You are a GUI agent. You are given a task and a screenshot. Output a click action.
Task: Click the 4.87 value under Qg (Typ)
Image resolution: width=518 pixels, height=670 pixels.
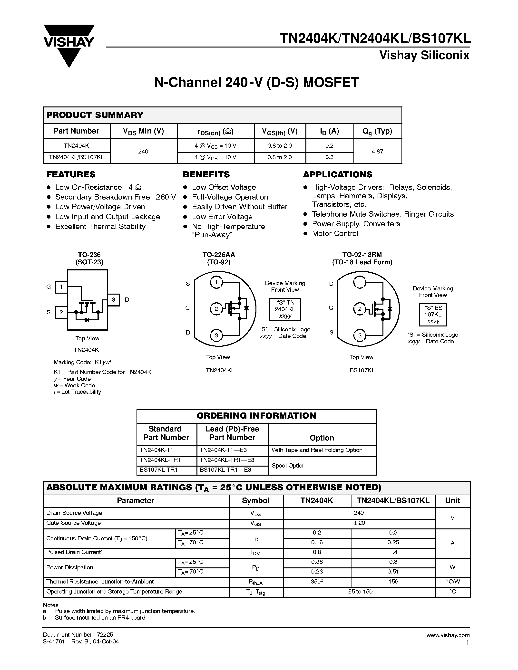click(x=377, y=151)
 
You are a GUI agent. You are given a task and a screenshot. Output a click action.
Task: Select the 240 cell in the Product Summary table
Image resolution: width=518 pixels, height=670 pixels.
click(x=143, y=151)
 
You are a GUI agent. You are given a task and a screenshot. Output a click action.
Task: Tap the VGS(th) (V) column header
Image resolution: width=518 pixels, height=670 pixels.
click(x=280, y=131)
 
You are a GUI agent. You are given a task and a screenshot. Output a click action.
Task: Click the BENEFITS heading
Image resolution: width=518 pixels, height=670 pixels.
click(x=206, y=174)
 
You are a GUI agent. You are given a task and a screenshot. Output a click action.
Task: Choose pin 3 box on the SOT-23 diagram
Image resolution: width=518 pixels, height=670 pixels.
click(x=114, y=299)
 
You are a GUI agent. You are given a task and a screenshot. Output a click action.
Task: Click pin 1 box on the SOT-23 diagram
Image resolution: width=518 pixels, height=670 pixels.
click(x=61, y=287)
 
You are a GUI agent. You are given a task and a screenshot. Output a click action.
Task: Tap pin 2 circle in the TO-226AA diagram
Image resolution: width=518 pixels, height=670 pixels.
click(x=216, y=309)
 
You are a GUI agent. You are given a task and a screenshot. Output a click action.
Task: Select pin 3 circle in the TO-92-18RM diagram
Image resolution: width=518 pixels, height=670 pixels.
click(x=360, y=335)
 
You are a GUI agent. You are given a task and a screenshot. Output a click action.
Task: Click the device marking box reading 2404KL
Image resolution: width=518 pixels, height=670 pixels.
click(x=285, y=309)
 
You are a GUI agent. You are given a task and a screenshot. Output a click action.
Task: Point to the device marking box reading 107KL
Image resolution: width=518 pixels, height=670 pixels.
click(x=433, y=315)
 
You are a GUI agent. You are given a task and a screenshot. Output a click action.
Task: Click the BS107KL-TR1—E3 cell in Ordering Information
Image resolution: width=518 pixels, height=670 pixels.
click(x=225, y=470)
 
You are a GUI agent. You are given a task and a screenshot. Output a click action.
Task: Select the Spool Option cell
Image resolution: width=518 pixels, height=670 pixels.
click(x=288, y=465)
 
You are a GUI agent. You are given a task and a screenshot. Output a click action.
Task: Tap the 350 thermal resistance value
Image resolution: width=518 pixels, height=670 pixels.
click(x=316, y=581)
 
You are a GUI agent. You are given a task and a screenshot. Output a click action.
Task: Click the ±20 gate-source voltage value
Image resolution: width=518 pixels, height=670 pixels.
click(x=359, y=523)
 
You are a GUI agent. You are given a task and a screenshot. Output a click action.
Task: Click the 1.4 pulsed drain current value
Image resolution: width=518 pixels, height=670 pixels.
click(x=393, y=552)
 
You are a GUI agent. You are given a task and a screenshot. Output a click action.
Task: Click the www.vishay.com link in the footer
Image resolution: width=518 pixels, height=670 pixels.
click(x=448, y=635)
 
